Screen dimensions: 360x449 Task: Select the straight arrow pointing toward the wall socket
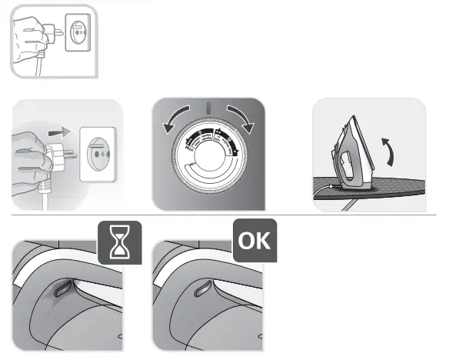(x=57, y=132)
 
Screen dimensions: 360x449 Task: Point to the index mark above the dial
(x=208, y=107)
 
